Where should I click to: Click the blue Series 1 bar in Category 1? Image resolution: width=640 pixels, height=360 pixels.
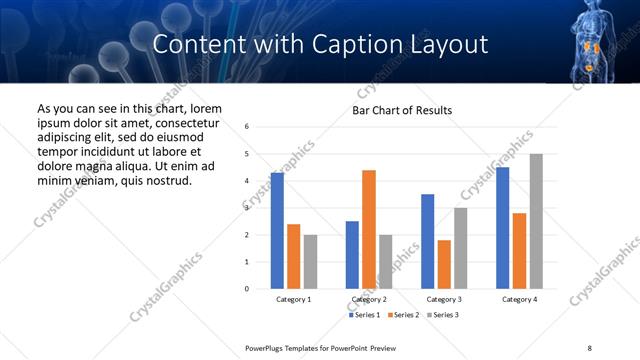(277, 231)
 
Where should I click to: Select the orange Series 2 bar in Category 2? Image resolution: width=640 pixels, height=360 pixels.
(368, 229)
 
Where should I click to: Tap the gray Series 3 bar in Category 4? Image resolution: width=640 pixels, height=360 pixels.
(535, 221)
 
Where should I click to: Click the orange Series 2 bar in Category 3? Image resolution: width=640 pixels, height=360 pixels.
(444, 264)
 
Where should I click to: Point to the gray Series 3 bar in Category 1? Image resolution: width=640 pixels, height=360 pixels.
(311, 261)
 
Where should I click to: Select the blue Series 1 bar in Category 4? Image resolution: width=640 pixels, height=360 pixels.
(502, 228)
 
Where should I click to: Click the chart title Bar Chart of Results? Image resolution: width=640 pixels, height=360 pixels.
(402, 110)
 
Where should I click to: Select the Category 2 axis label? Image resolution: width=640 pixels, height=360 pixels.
(368, 299)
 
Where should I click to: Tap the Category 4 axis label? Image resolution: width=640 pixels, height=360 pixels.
(518, 299)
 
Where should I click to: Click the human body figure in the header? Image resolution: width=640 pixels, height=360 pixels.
(592, 40)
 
